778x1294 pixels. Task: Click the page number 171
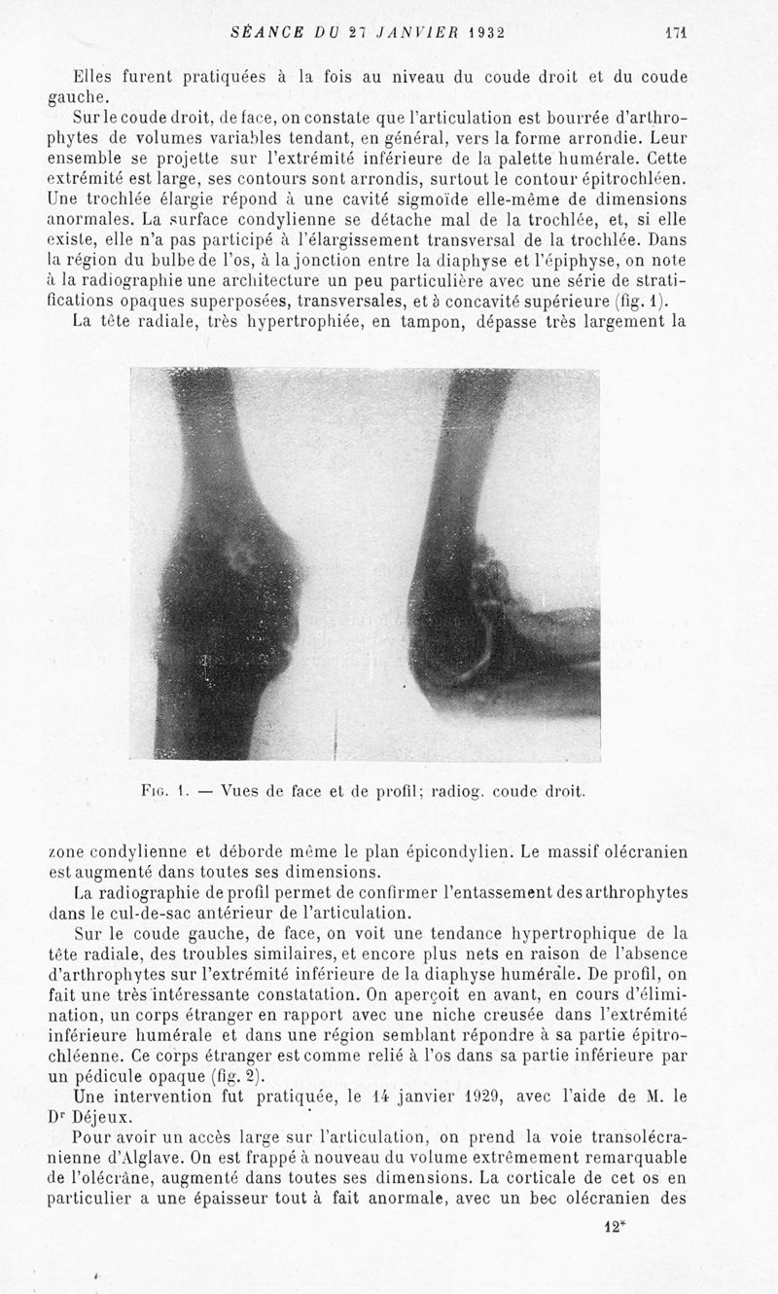coord(676,31)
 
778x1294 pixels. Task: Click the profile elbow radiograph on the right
coord(501,564)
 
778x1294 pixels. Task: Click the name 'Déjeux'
coord(101,1117)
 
